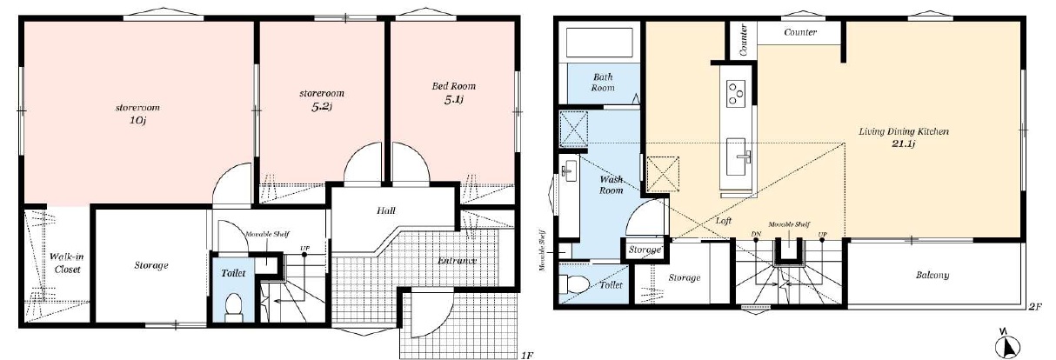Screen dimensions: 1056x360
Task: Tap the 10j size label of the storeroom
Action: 137,121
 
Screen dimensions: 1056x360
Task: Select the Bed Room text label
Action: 454,86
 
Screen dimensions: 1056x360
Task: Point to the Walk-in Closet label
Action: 66,263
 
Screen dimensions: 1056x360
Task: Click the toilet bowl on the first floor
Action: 233,306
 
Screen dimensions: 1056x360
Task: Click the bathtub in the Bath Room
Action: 599,43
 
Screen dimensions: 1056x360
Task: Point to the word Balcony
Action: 932,275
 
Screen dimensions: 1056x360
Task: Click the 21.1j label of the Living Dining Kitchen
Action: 903,143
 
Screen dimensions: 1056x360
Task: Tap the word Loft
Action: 723,220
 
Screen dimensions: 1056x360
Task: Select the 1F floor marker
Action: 527,355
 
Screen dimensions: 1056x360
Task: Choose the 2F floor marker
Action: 1035,307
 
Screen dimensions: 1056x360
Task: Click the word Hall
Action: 385,210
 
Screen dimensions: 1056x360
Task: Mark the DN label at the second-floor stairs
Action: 756,234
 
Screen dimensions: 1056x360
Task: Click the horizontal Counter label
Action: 800,32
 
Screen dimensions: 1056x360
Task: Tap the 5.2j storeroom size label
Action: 322,106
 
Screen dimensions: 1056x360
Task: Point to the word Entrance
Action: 457,261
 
